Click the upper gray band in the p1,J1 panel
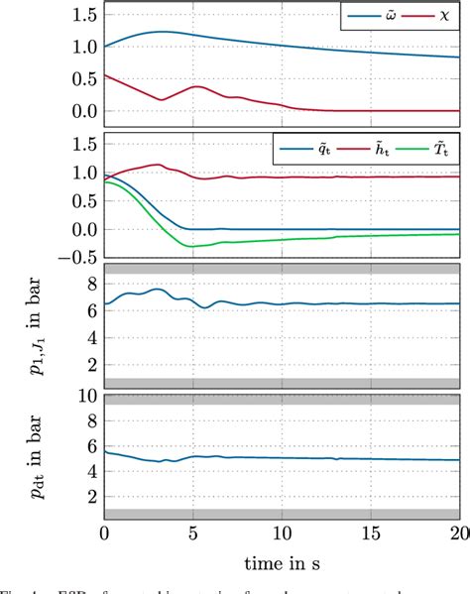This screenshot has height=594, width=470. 283,269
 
